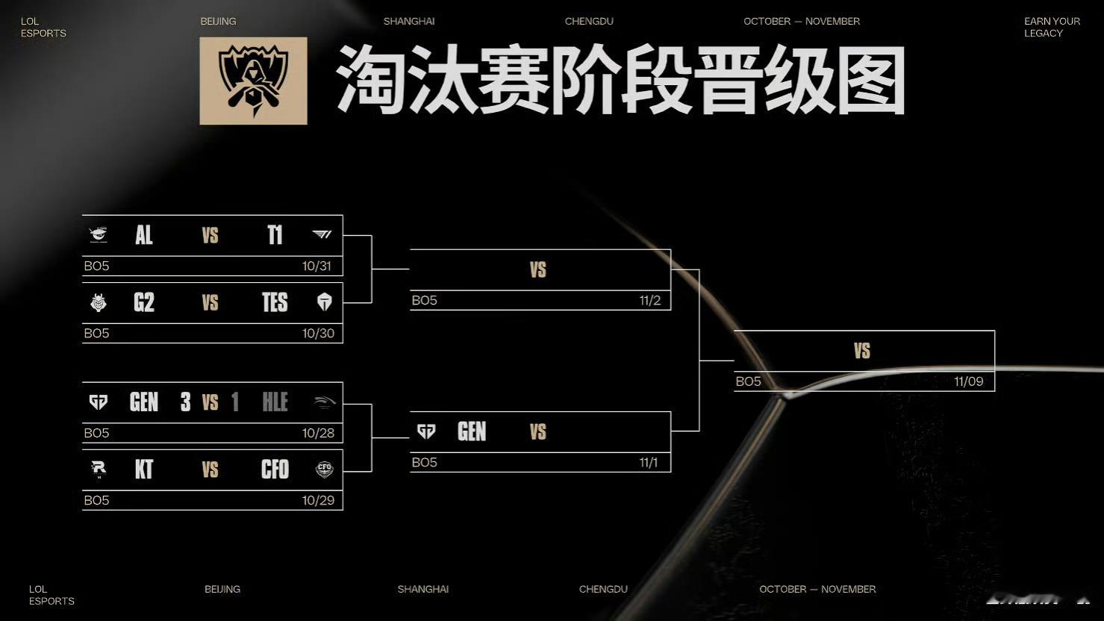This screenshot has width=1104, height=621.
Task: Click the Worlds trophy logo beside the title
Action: click(253, 81)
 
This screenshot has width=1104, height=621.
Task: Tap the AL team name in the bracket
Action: click(144, 236)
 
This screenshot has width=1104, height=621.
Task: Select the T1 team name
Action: click(275, 236)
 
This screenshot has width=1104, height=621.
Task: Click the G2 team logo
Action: click(99, 302)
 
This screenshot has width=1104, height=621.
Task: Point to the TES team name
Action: click(275, 302)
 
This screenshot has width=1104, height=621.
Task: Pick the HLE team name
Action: click(275, 402)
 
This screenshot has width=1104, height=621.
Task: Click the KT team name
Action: click(144, 469)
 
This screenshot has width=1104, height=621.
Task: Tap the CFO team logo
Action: click(324, 469)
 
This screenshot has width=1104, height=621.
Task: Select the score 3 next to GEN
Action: click(185, 402)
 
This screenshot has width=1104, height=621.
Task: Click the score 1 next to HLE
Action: click(235, 402)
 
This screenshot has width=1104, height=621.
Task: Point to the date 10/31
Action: click(316, 266)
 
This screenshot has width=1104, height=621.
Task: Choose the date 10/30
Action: click(318, 334)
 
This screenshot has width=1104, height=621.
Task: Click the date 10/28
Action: click(318, 433)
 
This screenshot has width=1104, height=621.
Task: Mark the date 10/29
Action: click(318, 500)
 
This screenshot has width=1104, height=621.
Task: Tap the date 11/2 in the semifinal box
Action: click(649, 301)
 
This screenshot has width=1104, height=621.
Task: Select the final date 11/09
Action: click(968, 381)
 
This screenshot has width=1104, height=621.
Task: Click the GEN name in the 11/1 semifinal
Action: click(472, 431)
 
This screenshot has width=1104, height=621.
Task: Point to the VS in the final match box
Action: click(862, 351)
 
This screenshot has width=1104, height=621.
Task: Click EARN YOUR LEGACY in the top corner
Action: click(1052, 27)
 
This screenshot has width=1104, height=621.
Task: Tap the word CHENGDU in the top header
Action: click(589, 21)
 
